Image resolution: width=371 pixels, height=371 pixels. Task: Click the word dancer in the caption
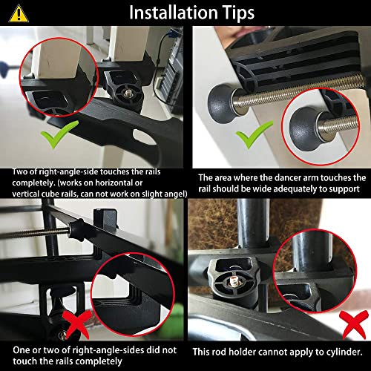pos(271,177)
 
